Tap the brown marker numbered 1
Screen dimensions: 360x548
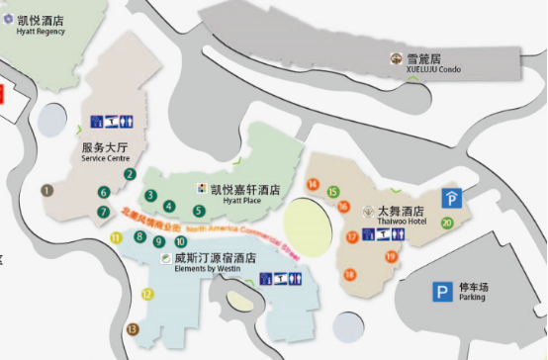tap(46, 189)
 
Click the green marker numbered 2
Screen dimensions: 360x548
tap(130, 174)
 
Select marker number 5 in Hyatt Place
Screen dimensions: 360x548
tap(199, 211)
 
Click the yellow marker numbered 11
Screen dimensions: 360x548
tap(116, 237)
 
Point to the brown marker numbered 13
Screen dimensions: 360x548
tap(132, 329)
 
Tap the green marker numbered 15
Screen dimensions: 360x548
tap(332, 192)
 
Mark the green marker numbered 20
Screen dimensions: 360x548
tap(447, 223)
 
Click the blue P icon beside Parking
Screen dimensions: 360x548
tap(441, 292)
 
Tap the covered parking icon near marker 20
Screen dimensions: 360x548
tap(451, 197)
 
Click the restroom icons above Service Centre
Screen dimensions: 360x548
tap(112, 122)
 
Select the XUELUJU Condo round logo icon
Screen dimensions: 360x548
tap(396, 58)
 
